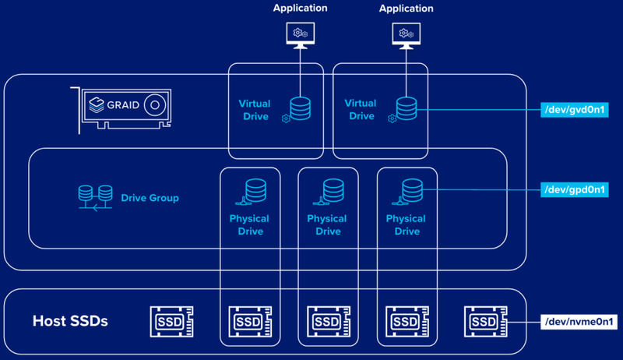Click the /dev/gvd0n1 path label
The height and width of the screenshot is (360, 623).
click(x=574, y=110)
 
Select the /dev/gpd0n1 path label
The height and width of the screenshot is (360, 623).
click(x=574, y=189)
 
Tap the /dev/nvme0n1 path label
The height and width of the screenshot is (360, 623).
click(x=574, y=321)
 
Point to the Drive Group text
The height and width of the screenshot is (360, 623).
click(x=150, y=198)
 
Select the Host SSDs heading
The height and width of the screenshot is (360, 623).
click(x=69, y=321)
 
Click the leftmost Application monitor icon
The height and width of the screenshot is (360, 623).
click(x=300, y=34)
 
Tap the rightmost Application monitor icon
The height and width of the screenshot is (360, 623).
click(x=405, y=34)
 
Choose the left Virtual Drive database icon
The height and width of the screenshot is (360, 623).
click(x=300, y=108)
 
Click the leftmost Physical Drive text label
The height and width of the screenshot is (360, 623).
click(x=249, y=225)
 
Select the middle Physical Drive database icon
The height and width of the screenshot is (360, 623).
click(x=333, y=191)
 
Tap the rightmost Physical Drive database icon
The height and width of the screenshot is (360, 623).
click(x=412, y=191)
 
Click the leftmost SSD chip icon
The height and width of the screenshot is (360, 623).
click(x=171, y=321)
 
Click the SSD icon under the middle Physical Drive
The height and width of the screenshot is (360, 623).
click(x=328, y=321)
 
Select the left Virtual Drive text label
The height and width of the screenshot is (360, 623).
click(x=254, y=110)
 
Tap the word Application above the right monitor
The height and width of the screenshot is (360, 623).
click(x=405, y=9)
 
